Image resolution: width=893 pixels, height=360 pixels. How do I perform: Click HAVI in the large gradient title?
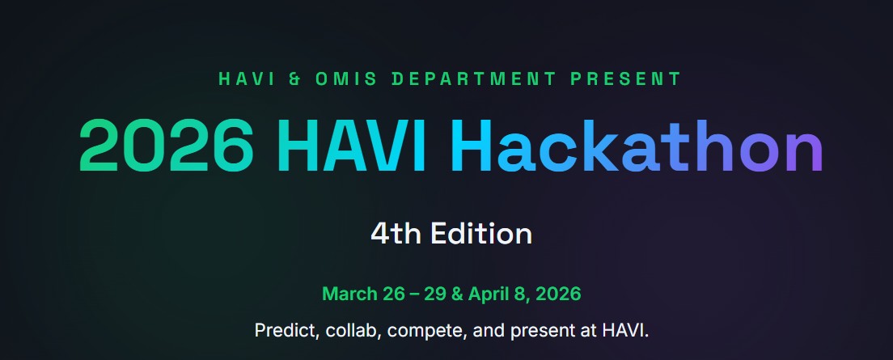tap(352, 147)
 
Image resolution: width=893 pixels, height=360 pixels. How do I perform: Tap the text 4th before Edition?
tap(396, 235)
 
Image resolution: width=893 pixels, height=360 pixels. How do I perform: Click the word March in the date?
tap(349, 294)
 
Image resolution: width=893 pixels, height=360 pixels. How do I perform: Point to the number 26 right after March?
tap(393, 294)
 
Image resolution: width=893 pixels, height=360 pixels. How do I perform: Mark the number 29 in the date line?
tap(435, 294)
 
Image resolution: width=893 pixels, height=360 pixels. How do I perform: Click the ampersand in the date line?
tap(456, 294)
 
